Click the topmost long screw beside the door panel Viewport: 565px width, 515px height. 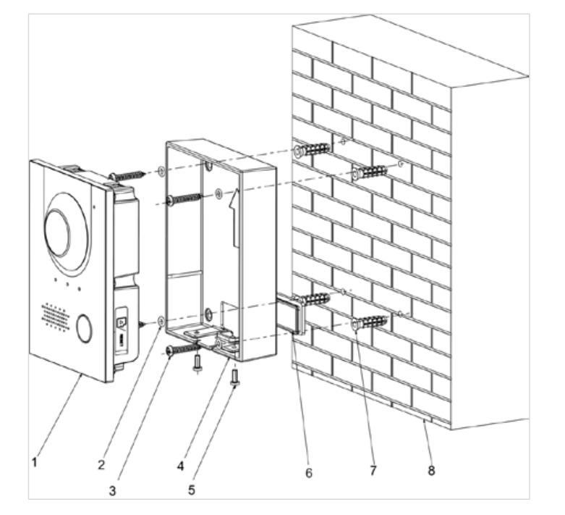(127, 176)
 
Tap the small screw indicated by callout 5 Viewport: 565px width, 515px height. (234, 376)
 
